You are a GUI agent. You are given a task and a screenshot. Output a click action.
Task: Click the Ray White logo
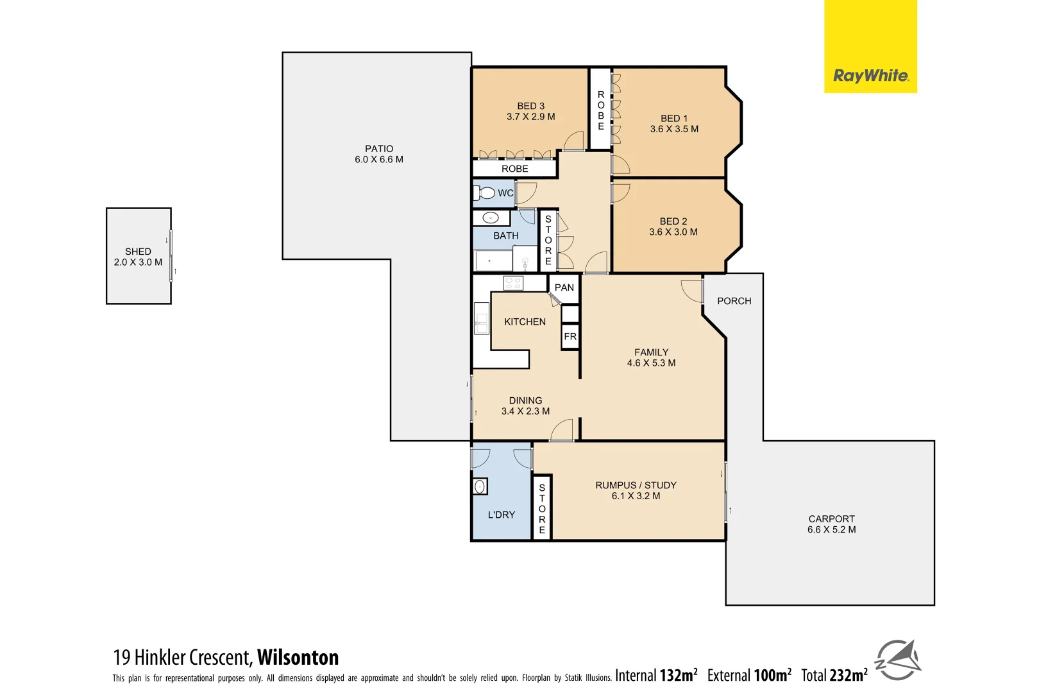pos(870,76)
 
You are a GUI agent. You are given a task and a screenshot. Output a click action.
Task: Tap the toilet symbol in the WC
pos(486,193)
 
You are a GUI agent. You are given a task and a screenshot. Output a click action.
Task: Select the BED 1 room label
pos(674,119)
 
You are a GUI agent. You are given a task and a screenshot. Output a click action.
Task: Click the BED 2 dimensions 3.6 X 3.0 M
pos(673,232)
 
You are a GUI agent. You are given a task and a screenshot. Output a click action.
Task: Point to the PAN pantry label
pos(564,287)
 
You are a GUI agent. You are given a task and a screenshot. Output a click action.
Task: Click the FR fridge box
pos(570,337)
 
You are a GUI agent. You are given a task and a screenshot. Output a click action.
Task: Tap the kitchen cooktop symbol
pos(513,283)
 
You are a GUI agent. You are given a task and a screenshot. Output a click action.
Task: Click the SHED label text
pos(138,252)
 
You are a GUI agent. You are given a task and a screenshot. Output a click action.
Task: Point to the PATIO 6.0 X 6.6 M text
pos(379,154)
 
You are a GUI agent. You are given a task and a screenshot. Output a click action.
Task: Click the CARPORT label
pos(831,519)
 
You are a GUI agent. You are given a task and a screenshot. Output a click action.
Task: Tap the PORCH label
pos(734,301)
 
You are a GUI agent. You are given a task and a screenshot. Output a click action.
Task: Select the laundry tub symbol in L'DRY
pos(480,487)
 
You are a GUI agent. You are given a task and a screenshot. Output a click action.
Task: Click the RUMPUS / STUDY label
pos(636,486)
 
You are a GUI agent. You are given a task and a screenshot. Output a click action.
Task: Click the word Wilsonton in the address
pos(298,658)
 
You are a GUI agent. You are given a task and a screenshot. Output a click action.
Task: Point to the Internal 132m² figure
pos(656,676)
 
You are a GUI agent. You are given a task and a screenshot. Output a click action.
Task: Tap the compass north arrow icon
pos(899,660)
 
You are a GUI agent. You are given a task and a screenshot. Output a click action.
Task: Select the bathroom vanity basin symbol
pos(491,218)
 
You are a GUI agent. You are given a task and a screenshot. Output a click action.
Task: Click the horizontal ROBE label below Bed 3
pos(515,169)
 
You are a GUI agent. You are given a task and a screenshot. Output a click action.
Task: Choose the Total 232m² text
pos(834,676)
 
